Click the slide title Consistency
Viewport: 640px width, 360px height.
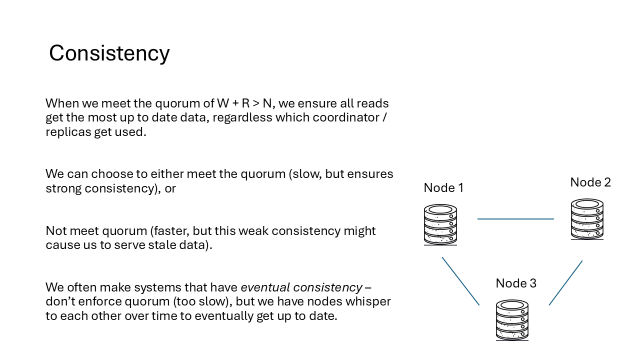click(x=109, y=53)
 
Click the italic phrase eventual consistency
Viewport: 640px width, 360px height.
click(x=301, y=287)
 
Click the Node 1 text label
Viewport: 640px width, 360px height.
click(x=443, y=188)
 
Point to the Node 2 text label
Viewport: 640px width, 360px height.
click(x=590, y=182)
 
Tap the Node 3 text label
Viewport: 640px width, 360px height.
click(x=516, y=283)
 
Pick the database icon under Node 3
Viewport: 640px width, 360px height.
click(x=512, y=320)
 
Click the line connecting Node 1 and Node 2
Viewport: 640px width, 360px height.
click(x=515, y=219)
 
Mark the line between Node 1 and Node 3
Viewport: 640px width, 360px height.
click(x=460, y=281)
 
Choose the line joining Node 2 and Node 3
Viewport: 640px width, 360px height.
click(x=565, y=283)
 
